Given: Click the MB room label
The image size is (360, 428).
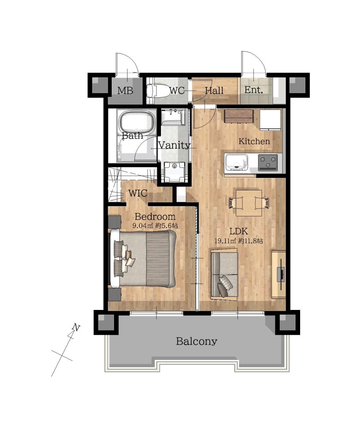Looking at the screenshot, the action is tap(125, 90).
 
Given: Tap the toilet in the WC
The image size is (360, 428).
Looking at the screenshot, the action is tap(157, 91).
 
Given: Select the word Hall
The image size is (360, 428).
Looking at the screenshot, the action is tap(214, 90).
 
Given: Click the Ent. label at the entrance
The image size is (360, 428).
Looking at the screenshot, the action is tap(254, 90).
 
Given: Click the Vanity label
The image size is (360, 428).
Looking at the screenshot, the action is tap(174, 145).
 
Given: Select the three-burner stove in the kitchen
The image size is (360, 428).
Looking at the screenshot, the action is tap(268, 163).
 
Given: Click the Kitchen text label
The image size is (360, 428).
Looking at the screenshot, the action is tap(254, 141).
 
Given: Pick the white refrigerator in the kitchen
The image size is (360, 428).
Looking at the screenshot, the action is tap(270, 120).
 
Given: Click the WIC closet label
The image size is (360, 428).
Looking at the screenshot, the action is tap(138, 193).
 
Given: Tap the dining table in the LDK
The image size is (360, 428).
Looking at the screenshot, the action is tap(249, 203).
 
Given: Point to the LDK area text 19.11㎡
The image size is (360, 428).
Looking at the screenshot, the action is tap(226, 241).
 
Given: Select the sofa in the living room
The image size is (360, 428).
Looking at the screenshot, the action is tap(224, 275).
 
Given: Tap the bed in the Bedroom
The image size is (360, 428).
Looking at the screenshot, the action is tap(143, 258).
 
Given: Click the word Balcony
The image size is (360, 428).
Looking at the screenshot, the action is tap(196, 341).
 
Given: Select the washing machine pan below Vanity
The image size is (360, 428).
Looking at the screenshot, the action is tap(175, 172).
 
